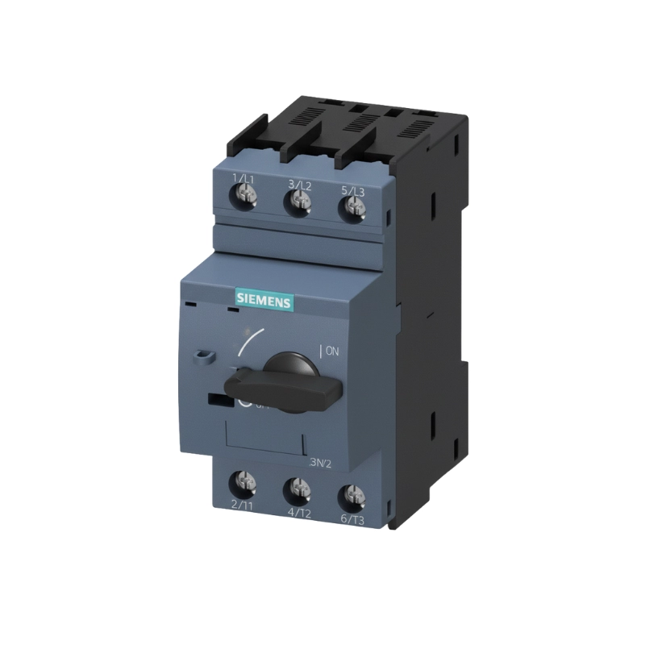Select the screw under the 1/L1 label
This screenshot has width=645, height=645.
(x=244, y=193)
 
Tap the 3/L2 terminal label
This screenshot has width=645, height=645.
(x=299, y=185)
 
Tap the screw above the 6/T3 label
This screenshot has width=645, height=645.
(x=348, y=493)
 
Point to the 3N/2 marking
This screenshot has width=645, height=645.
(x=321, y=463)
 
